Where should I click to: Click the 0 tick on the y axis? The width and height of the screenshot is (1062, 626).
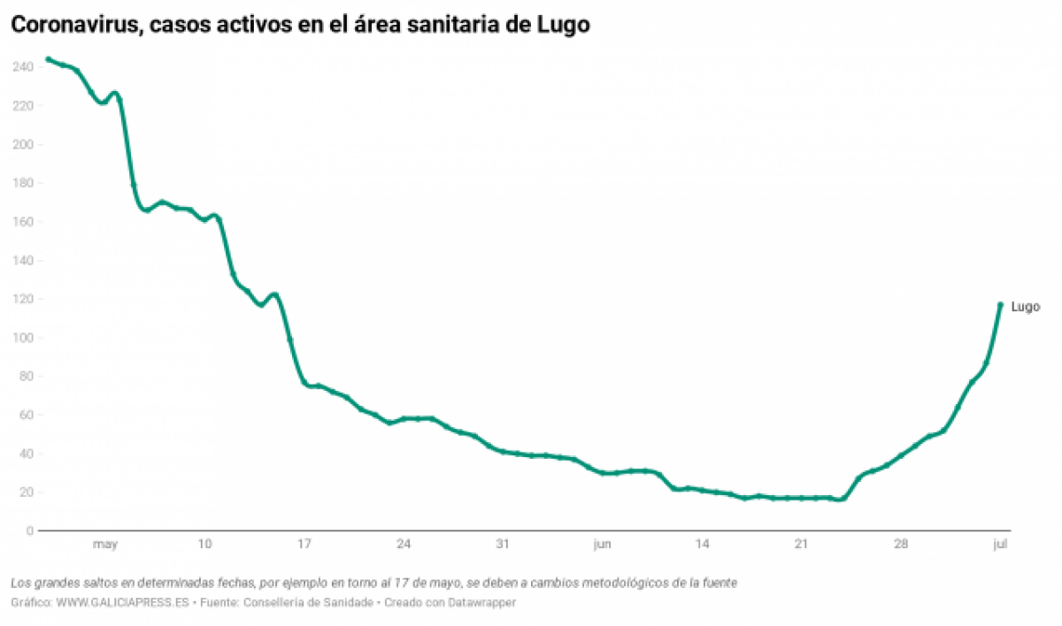click(x=30, y=531)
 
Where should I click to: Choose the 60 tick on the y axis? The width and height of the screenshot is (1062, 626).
click(x=27, y=416)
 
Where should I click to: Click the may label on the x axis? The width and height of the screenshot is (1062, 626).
click(x=104, y=545)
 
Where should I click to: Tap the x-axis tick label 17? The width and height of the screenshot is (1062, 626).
click(x=304, y=545)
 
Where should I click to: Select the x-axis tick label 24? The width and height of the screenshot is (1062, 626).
click(x=404, y=545)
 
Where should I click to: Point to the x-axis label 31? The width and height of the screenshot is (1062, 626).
click(x=503, y=545)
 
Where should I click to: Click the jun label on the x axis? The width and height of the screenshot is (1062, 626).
click(x=603, y=545)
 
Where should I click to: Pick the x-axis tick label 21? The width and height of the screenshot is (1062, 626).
click(x=801, y=545)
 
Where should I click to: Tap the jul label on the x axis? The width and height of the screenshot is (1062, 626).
click(x=1000, y=545)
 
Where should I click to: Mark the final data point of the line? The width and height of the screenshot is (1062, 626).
click(x=1000, y=304)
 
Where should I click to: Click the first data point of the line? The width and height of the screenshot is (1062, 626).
click(x=48, y=59)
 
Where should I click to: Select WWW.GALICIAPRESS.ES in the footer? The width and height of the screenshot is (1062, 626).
click(x=115, y=602)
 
